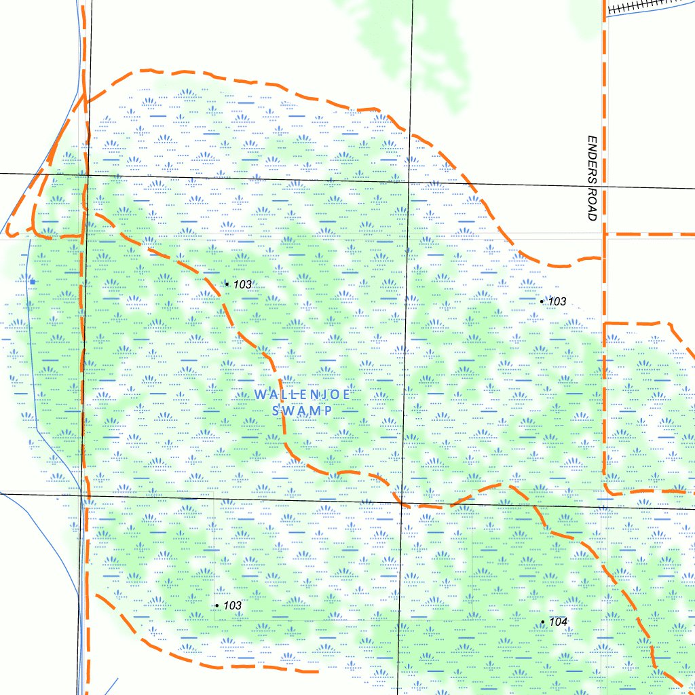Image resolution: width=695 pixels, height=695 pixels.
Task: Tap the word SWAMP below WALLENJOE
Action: coord(302,411)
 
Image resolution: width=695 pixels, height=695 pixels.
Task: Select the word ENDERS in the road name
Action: coord(592,159)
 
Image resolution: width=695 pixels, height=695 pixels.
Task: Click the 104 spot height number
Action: coord(559,622)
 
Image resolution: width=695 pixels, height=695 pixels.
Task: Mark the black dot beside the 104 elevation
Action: coord(543,622)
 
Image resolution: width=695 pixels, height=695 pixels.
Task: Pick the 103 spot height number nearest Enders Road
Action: coord(557,301)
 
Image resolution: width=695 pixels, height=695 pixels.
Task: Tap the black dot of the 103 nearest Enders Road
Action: coord(542,301)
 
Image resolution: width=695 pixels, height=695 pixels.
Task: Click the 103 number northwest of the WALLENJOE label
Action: coord(242,284)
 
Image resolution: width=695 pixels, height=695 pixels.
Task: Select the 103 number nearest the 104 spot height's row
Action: coord(232,605)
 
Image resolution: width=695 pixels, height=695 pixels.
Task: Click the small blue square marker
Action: coord(32,280)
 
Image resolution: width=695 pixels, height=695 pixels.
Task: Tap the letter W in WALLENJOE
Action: coord(259,394)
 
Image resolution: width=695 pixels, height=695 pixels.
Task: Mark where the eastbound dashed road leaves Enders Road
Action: coord(605,234)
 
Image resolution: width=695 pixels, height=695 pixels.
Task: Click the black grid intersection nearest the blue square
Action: coord(87,176)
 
